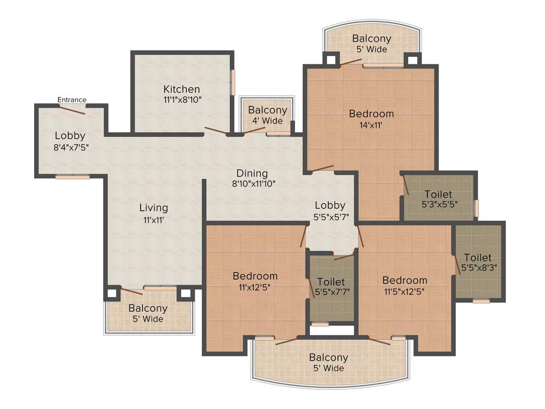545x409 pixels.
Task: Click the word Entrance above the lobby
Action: (x=72, y=100)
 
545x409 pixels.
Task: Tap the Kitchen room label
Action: (x=181, y=89)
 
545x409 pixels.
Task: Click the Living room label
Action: (x=153, y=208)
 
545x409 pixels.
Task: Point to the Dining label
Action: (x=252, y=173)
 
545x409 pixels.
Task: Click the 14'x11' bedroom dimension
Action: (x=371, y=125)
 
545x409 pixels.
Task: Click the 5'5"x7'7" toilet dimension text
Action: (x=331, y=291)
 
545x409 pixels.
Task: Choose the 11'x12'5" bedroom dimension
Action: (x=255, y=287)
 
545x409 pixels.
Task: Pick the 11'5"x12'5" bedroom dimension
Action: (x=404, y=291)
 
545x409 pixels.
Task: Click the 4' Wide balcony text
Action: (x=267, y=120)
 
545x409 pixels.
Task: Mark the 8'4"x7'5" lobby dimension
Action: (x=70, y=147)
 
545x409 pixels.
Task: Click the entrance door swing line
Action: (x=71, y=110)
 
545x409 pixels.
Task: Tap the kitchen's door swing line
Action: (x=216, y=130)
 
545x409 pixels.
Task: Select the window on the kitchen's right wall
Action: (x=233, y=83)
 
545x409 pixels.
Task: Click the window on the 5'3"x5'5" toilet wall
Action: (x=476, y=208)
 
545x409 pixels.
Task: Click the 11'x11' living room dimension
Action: (x=153, y=218)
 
